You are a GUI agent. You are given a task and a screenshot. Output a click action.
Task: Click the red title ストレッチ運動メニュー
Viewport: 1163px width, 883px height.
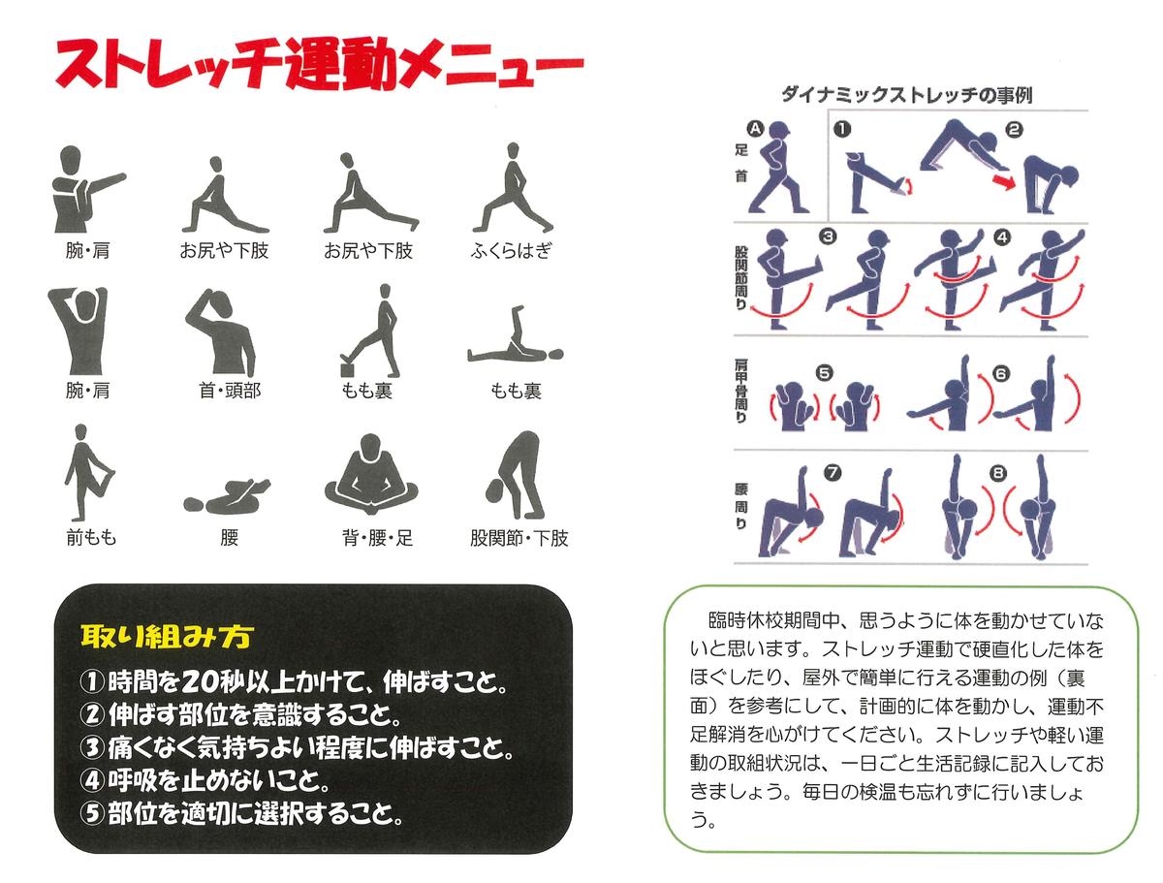(319, 65)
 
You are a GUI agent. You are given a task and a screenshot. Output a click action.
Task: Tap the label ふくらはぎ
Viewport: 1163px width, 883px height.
(511, 250)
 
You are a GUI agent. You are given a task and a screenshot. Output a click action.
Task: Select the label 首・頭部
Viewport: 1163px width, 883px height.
(230, 391)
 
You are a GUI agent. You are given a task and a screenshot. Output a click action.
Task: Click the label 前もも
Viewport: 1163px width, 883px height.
(90, 538)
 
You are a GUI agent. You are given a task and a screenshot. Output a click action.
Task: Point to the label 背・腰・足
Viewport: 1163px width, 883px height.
(377, 538)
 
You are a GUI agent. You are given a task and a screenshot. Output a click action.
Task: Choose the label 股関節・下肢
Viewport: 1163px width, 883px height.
(519, 538)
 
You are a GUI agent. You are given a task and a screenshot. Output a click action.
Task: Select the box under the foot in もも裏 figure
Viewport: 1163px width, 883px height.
(349, 369)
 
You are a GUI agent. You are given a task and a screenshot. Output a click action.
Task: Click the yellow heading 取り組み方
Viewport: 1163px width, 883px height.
(167, 637)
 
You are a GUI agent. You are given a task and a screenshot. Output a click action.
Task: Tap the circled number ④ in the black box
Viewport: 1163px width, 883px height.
(92, 780)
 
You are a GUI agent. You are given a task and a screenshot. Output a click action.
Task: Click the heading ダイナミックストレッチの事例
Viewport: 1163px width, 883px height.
(906, 95)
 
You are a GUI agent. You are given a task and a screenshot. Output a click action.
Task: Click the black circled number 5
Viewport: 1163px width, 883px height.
(824, 373)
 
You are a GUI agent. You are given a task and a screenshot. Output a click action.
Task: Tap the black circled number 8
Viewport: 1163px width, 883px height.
(998, 472)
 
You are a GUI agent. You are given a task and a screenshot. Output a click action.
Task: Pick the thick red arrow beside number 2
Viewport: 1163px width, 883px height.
(1003, 180)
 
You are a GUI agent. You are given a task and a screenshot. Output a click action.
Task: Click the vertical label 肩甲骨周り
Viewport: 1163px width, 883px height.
(740, 392)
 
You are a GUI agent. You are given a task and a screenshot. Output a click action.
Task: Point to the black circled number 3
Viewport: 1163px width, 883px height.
(827, 237)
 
